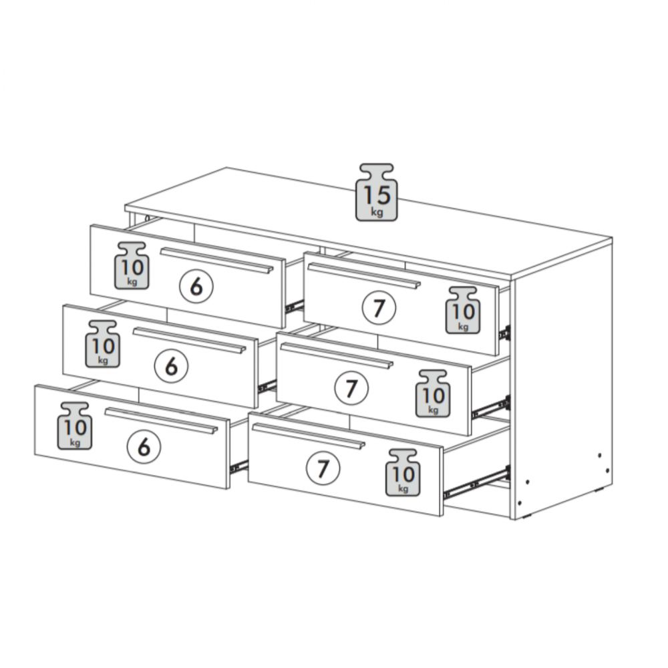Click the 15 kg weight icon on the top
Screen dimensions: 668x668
(x=377, y=192)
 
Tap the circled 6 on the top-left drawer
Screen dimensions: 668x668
(x=196, y=287)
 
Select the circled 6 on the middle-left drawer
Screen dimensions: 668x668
(x=171, y=366)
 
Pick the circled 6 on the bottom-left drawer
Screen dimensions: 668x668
(x=144, y=447)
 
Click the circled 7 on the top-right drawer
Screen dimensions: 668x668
(x=379, y=308)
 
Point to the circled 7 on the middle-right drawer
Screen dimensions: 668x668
(x=351, y=388)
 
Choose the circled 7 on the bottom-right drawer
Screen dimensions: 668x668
(x=323, y=468)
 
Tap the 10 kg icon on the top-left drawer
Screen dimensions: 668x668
(x=132, y=266)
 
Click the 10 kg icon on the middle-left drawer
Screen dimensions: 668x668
(x=103, y=344)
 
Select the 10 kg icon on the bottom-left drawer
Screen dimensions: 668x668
(x=75, y=426)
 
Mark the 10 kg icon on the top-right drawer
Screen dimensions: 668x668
(x=463, y=310)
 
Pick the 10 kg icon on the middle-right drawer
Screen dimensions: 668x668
(x=433, y=393)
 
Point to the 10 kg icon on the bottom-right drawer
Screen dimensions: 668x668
(x=403, y=472)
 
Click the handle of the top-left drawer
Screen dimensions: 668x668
(x=217, y=261)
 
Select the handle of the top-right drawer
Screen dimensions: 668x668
(x=364, y=276)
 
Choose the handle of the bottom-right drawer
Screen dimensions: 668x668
(x=309, y=436)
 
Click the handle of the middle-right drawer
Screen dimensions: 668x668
(x=337, y=356)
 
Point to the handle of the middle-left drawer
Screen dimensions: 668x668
(x=190, y=341)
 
